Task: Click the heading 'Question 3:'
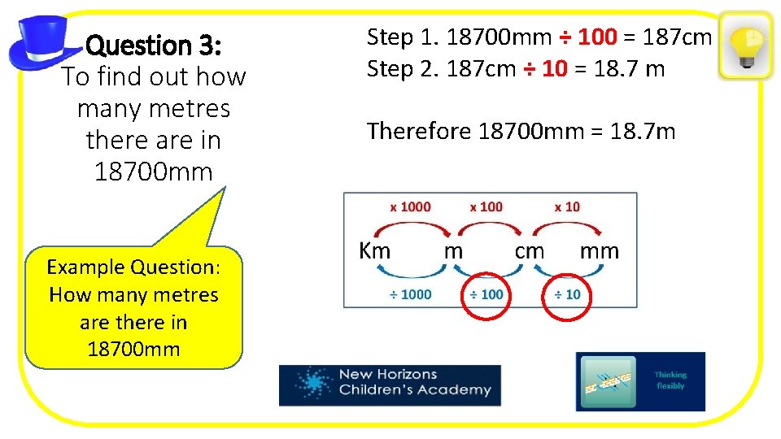tap(151, 45)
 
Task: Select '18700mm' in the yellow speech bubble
tap(133, 350)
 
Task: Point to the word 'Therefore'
tap(419, 131)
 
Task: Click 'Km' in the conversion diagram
tap(374, 250)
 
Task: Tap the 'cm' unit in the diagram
tap(530, 250)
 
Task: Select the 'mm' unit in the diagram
tap(599, 250)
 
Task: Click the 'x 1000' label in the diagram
tap(410, 206)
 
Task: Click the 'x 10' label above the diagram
tap(567, 206)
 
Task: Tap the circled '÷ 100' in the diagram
tap(486, 293)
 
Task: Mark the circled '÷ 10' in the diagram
tap(567, 293)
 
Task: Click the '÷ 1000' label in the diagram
tap(410, 293)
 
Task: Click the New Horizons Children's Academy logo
tap(390, 385)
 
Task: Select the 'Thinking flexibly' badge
tap(640, 381)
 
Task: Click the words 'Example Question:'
tap(133, 267)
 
